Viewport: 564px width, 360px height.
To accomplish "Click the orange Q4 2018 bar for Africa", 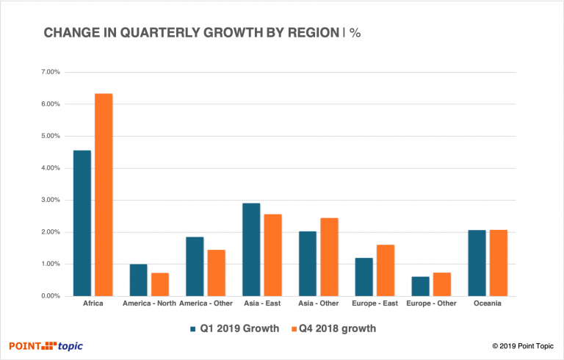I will coord(104,195).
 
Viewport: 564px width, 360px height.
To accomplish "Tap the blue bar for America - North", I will coord(138,280).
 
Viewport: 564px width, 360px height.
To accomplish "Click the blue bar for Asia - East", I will coord(250,250).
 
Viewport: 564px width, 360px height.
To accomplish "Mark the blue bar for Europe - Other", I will coord(420,287).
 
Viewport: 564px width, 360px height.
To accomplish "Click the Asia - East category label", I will coord(261,304).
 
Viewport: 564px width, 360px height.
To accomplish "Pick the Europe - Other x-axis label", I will coord(431,304).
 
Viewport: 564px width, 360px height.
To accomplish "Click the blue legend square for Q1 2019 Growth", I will coord(192,328).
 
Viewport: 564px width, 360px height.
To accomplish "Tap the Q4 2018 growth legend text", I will coord(339,328).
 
